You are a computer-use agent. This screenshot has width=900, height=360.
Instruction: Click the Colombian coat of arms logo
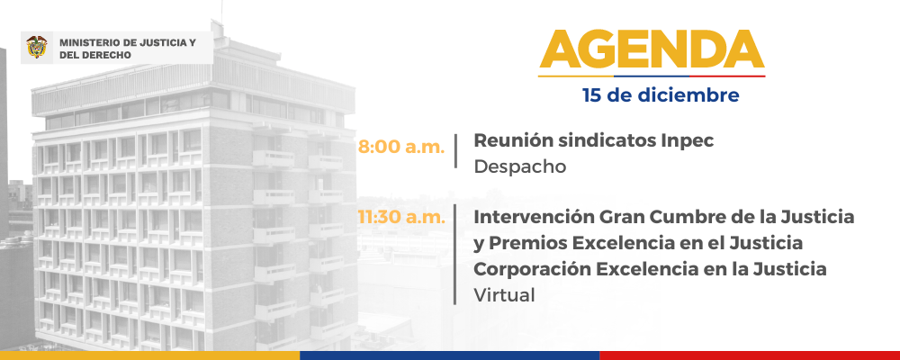(x=37, y=47)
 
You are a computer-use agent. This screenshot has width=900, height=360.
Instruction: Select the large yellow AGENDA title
(x=652, y=49)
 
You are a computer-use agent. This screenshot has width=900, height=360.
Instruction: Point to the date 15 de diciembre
(x=660, y=94)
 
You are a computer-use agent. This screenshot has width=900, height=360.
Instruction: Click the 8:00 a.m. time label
(x=401, y=147)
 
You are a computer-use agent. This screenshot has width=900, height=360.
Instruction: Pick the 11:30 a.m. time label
(x=401, y=217)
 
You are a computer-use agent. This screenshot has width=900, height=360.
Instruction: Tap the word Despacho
(x=519, y=167)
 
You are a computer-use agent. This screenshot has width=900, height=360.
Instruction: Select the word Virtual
(x=504, y=294)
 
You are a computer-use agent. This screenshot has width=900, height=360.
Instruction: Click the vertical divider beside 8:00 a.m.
(x=455, y=151)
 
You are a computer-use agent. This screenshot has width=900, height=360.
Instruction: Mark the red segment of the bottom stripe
(x=750, y=355)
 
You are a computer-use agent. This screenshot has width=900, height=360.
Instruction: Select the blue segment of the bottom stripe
(x=449, y=355)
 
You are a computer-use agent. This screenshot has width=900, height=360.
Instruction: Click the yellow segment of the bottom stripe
(x=149, y=355)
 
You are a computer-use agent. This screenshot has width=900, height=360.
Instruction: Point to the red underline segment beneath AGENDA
(x=727, y=76)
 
